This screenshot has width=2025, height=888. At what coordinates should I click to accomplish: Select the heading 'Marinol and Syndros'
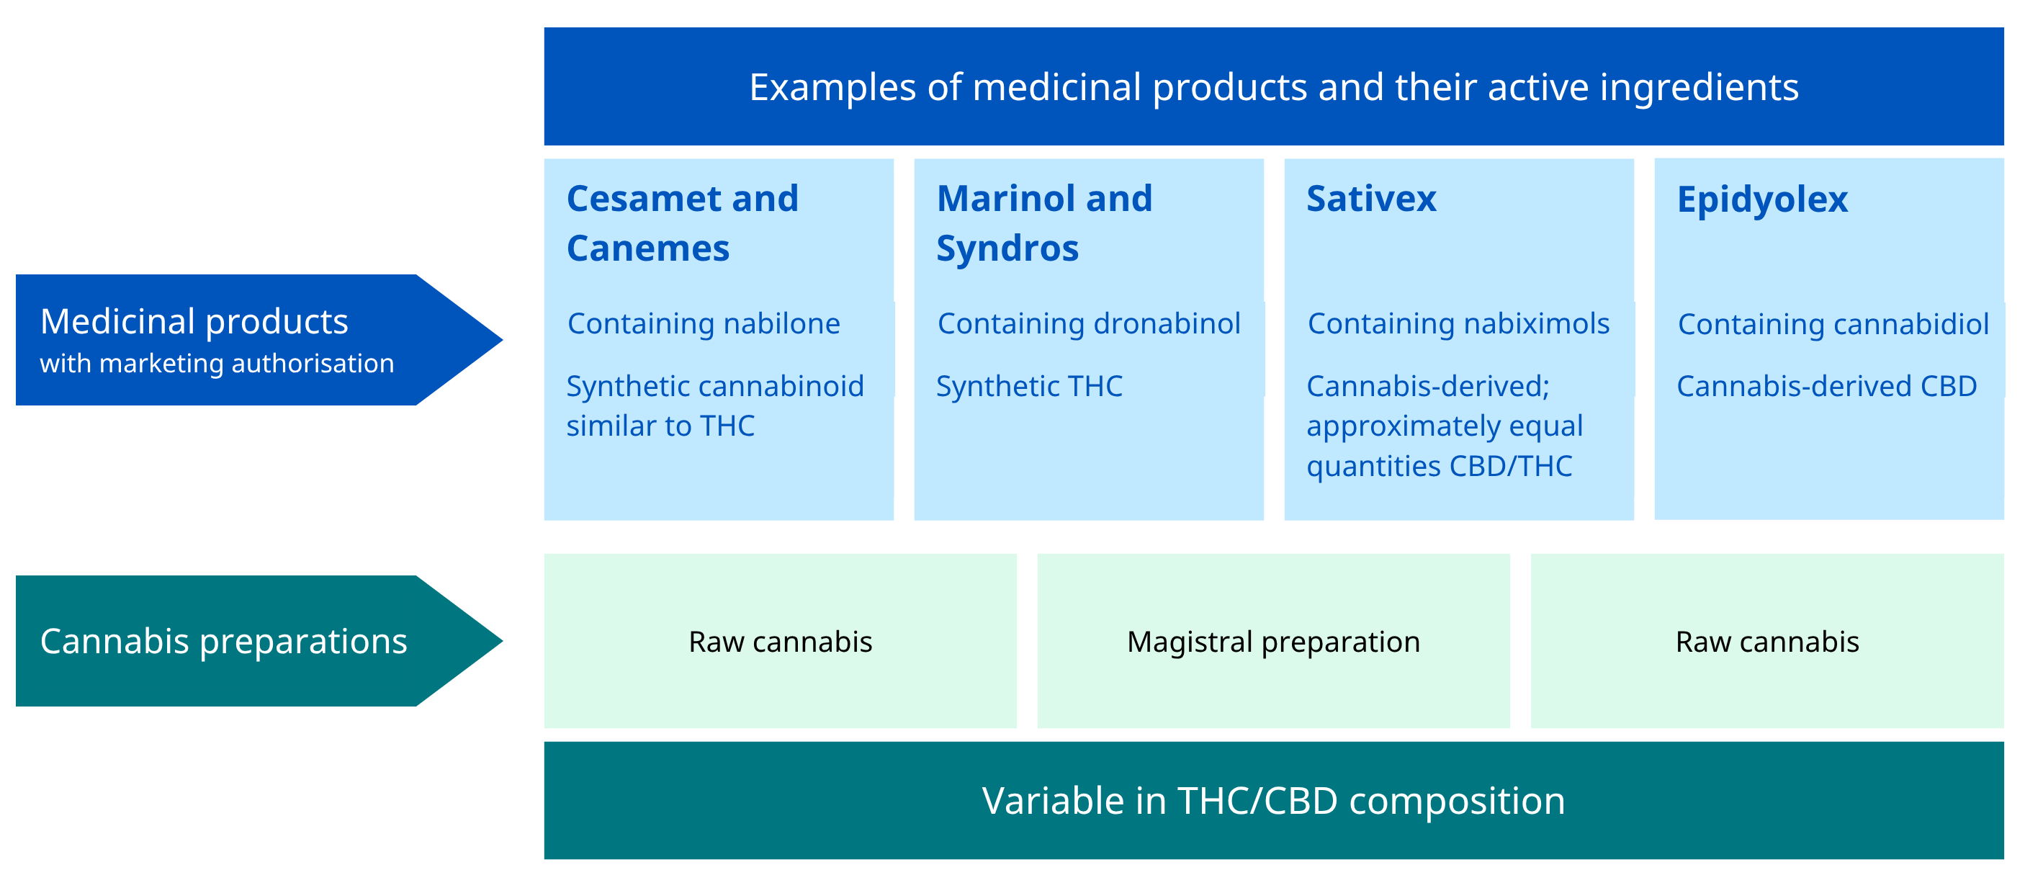[1043, 223]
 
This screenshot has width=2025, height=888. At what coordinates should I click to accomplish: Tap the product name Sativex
[1371, 198]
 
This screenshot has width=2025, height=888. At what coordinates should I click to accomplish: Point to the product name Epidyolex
[1761, 199]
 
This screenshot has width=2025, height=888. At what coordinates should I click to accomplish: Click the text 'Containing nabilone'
[704, 323]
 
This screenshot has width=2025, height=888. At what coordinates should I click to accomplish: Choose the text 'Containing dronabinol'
[1089, 323]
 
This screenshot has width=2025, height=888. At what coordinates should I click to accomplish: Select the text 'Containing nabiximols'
[1458, 323]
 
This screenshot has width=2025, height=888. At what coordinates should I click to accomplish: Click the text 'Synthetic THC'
[1029, 386]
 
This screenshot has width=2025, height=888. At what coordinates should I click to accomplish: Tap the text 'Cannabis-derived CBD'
[1826, 386]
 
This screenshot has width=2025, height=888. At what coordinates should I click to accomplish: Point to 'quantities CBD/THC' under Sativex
[1439, 466]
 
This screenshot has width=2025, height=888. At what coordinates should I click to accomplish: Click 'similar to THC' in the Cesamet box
[660, 426]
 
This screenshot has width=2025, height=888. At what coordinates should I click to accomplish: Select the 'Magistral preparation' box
[1272, 641]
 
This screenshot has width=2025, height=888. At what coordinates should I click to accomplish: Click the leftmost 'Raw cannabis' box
[780, 641]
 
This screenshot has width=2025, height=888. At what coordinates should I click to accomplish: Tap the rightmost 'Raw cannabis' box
[1766, 641]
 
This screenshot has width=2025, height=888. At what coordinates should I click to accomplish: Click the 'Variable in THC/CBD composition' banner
[1272, 800]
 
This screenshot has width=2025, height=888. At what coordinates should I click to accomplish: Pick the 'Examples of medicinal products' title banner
[1272, 86]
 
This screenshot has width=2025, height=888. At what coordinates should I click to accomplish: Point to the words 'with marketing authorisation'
[217, 363]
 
